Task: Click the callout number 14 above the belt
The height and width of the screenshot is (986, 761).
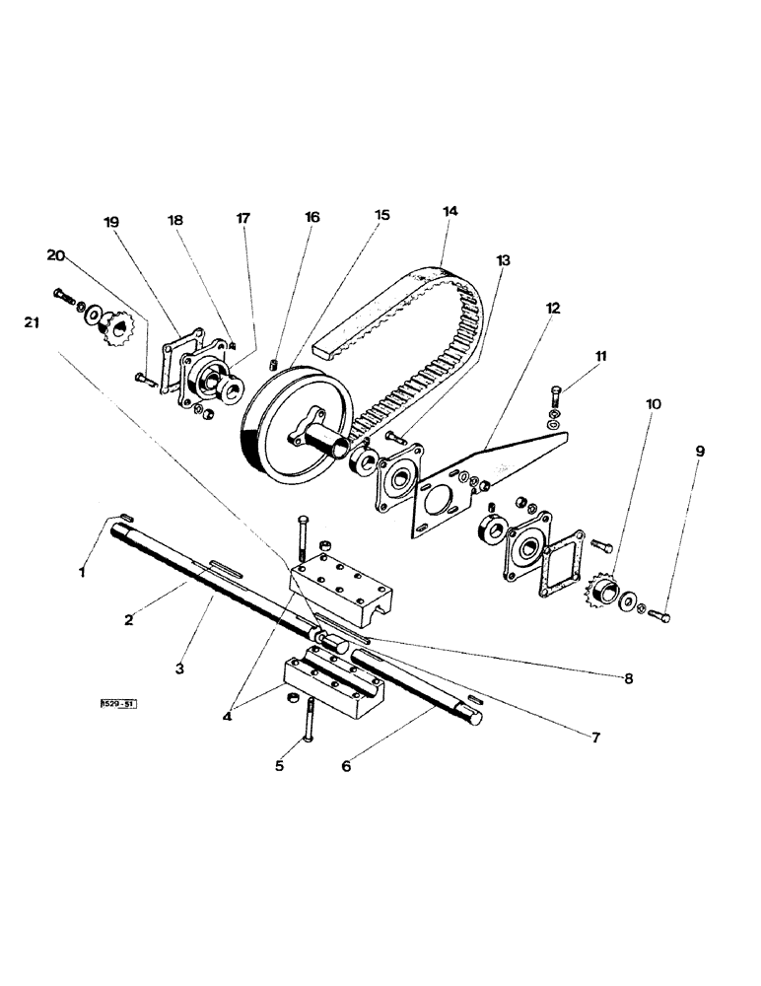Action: tap(450, 211)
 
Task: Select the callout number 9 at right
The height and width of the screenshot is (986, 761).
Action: tap(699, 451)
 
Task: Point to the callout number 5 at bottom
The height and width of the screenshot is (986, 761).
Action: tap(279, 764)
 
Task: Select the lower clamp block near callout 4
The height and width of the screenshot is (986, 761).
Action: tap(328, 679)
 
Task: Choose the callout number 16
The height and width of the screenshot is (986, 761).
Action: tap(311, 218)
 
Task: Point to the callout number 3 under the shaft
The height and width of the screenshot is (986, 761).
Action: tap(180, 668)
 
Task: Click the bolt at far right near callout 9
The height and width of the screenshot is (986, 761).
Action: tap(660, 617)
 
